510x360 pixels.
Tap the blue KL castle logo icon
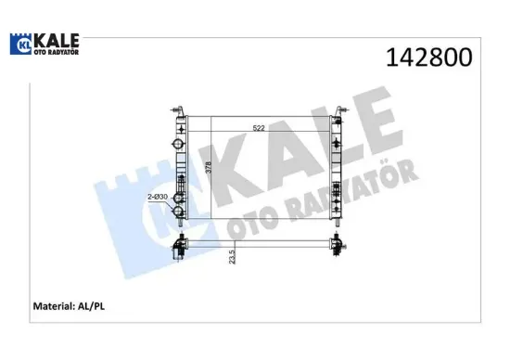21,44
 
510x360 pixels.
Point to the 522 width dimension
261,128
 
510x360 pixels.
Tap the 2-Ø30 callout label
157,197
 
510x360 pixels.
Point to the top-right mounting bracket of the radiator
342,109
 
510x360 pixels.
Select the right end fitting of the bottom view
339,245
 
